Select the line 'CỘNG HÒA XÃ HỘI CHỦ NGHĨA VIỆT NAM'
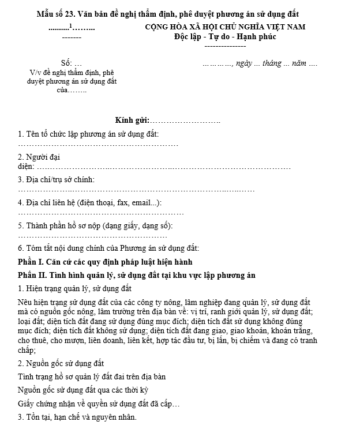(x=225, y=27)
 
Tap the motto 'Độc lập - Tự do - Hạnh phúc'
(x=225, y=36)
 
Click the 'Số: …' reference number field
(x=71, y=63)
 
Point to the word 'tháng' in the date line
(x=274, y=63)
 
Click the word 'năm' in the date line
(x=299, y=63)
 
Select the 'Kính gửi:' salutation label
(x=132, y=120)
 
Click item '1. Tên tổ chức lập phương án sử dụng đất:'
(x=88, y=134)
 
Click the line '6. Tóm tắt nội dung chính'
(x=108, y=248)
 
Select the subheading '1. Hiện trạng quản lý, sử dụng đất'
(x=74, y=288)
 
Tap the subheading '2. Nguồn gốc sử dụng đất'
(x=61, y=363)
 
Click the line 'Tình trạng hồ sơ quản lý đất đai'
(x=92, y=376)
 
